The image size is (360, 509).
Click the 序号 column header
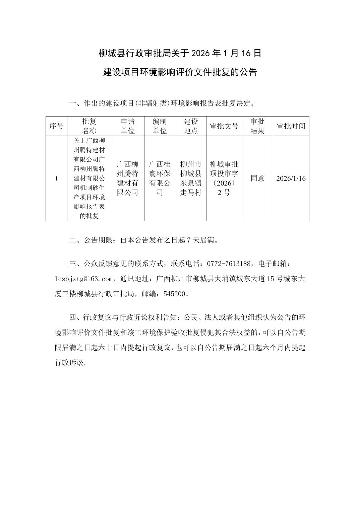coord(56,126)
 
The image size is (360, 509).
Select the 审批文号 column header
coord(224,126)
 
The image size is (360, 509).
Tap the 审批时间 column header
coord(291,126)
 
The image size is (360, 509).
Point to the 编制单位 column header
coord(160,126)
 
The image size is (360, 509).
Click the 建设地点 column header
coord(190,126)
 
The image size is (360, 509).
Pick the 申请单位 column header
coord(127,126)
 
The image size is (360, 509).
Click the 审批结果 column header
coord(257,126)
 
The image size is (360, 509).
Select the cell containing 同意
coord(257,178)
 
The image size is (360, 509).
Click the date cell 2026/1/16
coord(291,178)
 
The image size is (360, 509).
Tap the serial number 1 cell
coord(56,178)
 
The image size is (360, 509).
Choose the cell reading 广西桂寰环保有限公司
coord(160,178)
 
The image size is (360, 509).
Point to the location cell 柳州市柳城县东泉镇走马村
coord(190,178)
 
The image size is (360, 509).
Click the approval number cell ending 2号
coord(224,178)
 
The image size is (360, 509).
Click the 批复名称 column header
coord(89,126)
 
